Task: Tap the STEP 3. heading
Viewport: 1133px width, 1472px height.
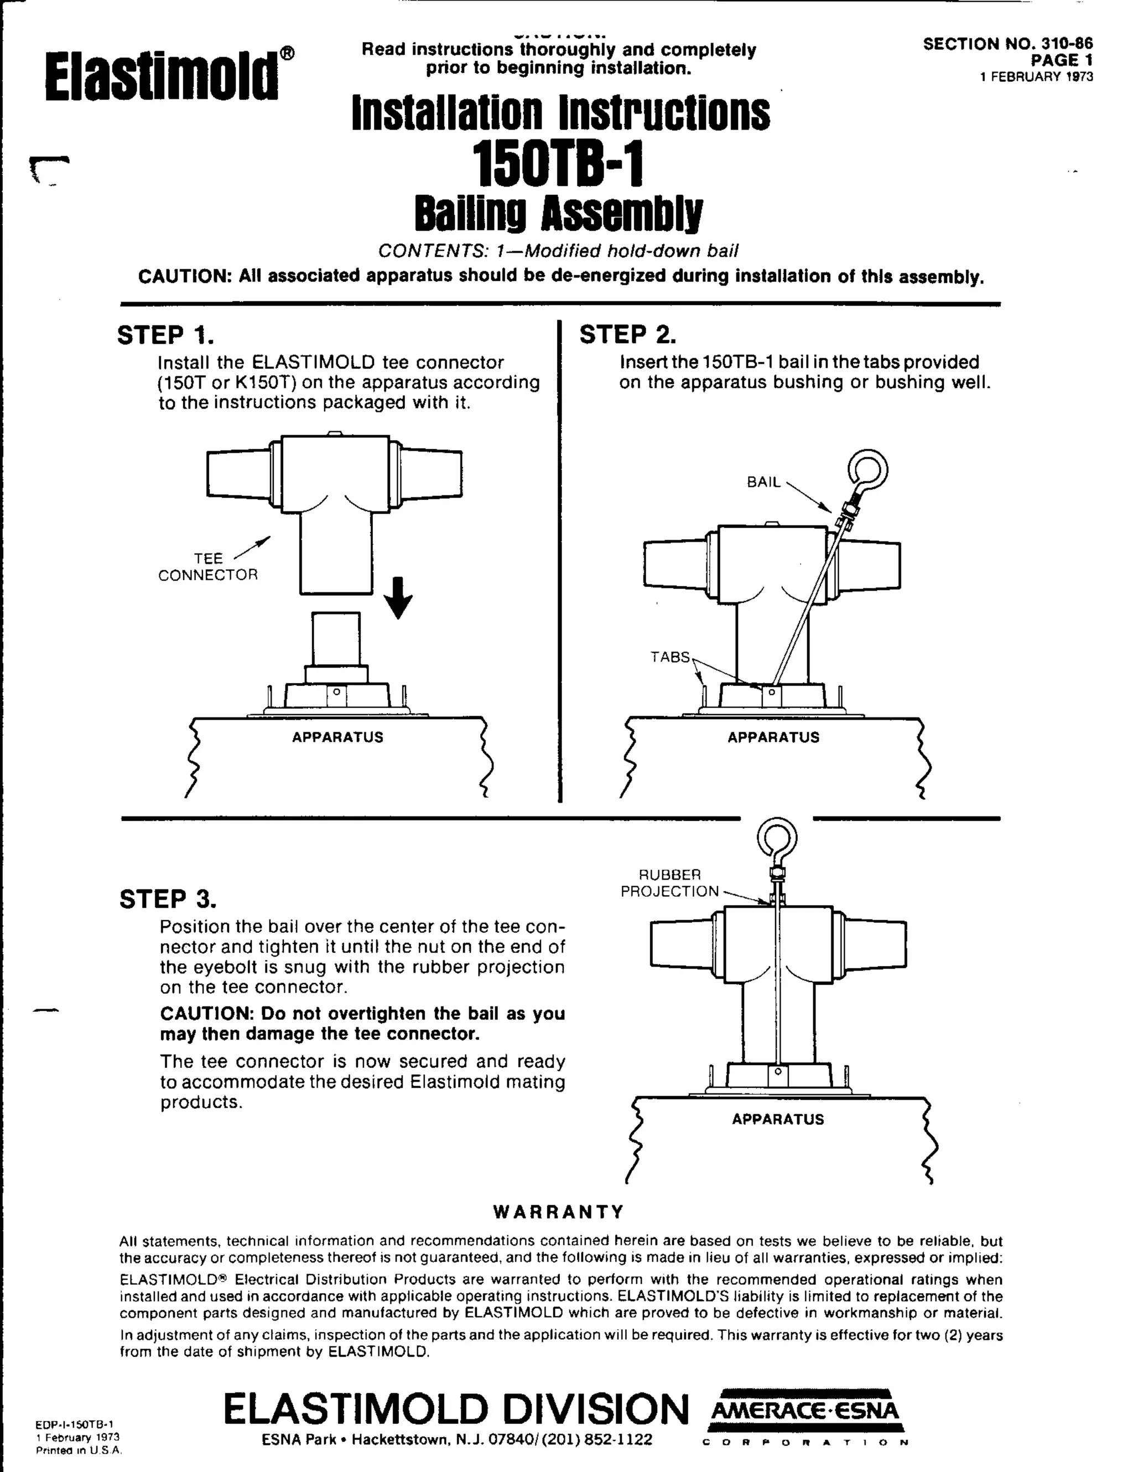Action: point(168,898)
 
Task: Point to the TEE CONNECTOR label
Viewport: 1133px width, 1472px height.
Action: point(207,566)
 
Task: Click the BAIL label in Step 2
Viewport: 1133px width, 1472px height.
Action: point(763,482)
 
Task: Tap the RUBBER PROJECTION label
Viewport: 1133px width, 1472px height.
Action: point(669,883)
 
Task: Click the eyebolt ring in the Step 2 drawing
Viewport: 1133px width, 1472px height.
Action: point(868,471)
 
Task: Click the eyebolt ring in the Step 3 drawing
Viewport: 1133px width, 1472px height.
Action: point(777,839)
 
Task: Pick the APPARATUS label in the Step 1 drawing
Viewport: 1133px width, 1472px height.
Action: point(337,737)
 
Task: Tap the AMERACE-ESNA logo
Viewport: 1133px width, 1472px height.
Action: point(805,1411)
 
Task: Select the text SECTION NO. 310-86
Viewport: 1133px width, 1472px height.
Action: point(1007,44)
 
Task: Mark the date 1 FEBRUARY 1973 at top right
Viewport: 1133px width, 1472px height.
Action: point(1036,77)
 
